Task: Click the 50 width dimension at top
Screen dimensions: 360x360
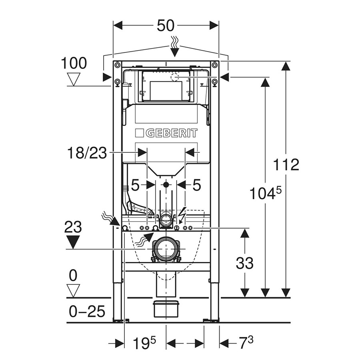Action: click(x=166, y=25)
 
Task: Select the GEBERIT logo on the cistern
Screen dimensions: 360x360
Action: click(x=166, y=133)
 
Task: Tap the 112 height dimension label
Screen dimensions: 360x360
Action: click(x=286, y=164)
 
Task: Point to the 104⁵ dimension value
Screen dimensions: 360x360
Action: click(x=266, y=194)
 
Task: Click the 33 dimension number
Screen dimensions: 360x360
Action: click(x=244, y=263)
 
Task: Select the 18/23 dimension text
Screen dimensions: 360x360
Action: click(x=87, y=152)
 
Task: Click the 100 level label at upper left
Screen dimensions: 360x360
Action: click(x=74, y=64)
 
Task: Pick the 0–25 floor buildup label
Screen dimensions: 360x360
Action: click(x=86, y=311)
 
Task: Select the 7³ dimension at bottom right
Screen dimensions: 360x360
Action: click(x=244, y=343)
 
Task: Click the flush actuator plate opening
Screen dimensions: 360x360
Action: click(x=166, y=91)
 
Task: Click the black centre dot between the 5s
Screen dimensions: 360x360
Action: click(x=166, y=185)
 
